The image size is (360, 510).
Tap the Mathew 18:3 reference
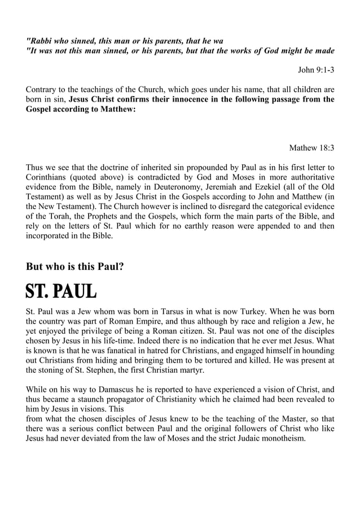(311, 148)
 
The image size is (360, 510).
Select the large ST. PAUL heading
(61, 292)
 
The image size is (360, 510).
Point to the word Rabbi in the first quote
(41, 41)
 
